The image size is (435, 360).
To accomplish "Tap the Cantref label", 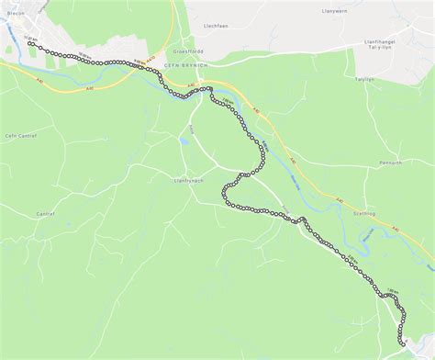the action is (46, 213).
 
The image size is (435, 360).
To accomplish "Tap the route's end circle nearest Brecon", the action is (30, 43).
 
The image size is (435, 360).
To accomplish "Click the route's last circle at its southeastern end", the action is (402, 341).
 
